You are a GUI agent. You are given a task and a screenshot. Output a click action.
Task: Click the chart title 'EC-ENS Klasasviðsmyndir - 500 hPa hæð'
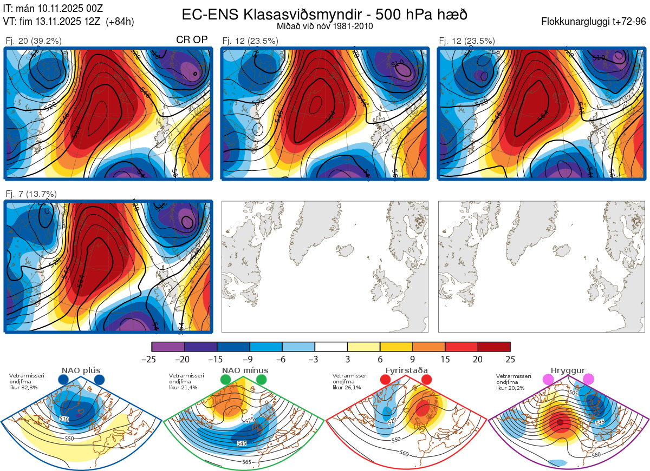point(324,14)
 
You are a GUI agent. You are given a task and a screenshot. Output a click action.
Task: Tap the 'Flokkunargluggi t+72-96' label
point(594,22)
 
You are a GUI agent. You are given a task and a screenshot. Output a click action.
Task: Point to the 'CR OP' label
point(192,40)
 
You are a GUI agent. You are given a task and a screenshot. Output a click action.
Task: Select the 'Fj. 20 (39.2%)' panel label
point(34,41)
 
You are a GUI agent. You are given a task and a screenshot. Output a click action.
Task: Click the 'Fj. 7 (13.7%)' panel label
point(31,194)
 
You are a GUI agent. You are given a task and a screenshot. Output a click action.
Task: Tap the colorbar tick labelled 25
point(510,359)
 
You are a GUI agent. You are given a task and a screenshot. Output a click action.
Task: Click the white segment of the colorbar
point(331,347)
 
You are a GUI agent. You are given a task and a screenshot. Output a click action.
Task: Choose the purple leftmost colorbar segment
point(168,347)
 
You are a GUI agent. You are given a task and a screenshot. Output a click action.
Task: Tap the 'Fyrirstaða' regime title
point(406,370)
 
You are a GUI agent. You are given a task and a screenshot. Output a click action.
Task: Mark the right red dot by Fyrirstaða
point(426,380)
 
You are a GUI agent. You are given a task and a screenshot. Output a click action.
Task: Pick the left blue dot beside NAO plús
point(63,380)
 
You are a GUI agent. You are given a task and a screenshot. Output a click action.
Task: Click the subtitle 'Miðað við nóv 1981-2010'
point(324,26)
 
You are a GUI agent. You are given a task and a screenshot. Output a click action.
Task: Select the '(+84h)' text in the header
point(120,22)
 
